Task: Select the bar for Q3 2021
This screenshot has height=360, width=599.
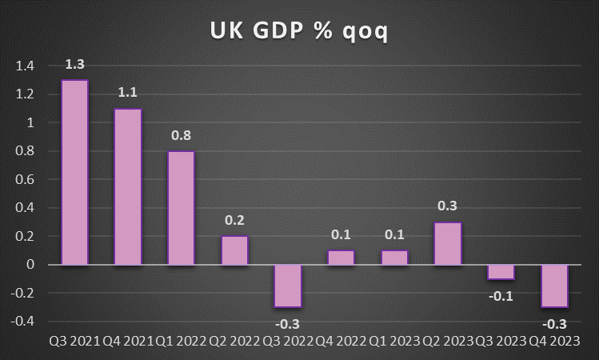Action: click(74, 172)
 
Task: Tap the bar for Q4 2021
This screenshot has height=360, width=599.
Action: click(128, 186)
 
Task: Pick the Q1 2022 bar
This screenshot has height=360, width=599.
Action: click(181, 208)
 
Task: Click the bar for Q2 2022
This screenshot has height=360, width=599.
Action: click(234, 250)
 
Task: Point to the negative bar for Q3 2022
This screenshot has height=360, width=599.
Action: click(288, 286)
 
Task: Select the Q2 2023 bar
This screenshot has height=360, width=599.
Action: click(448, 243)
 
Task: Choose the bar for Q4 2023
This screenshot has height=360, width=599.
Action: click(554, 286)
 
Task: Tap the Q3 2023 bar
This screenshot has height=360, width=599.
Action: click(501, 272)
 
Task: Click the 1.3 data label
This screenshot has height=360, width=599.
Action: click(75, 63)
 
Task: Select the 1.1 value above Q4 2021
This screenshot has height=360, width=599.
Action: click(128, 92)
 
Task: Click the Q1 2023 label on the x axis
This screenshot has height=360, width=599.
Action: click(394, 342)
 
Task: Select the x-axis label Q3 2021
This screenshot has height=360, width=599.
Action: click(74, 342)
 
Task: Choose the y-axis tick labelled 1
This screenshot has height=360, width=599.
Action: click(30, 123)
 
